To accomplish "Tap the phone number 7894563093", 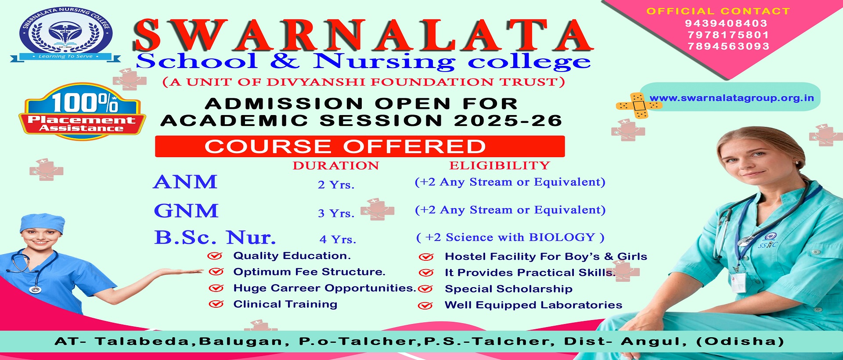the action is coord(728,46).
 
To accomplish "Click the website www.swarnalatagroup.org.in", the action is coord(731,98).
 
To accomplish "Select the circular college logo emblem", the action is coord(65,33).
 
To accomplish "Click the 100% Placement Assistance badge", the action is coord(82,112).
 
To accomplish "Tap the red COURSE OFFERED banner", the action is coord(360,146).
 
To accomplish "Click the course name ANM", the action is coord(185,182).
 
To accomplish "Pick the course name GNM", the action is coord(186,211).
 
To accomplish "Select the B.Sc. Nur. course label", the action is coord(215,237).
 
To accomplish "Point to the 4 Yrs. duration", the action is coord(338,239).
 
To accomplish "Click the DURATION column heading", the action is coord(336,166).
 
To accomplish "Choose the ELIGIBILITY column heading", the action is coord(500,166).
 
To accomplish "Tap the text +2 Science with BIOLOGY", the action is coord(510,237).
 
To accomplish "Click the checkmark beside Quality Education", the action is coord(215,256).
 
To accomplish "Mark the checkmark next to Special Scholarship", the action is coord(425,289).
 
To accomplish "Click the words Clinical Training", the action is coord(285,304).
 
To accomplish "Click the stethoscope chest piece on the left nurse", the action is coord(35,290).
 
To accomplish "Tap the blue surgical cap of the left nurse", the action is coord(42,223).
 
